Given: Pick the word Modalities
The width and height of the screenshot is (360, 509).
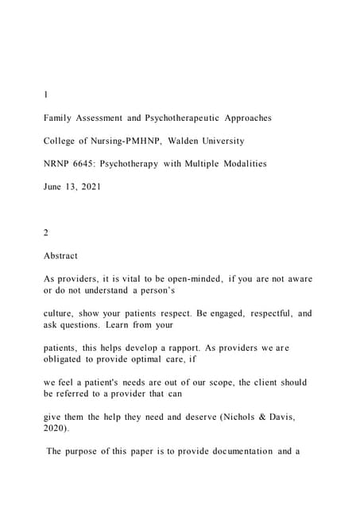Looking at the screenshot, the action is point(241,164).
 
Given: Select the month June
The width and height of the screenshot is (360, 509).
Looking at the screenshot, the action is point(55,187).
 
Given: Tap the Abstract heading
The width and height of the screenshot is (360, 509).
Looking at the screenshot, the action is point(61,256).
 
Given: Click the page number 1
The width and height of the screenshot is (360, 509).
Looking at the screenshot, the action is point(46,95).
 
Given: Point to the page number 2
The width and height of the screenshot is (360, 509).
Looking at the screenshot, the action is point(47,233).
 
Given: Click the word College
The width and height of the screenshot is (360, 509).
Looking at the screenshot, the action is point(61,141).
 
